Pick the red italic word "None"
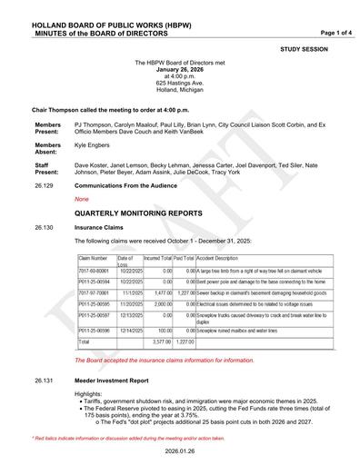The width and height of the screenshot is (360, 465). coord(82,198)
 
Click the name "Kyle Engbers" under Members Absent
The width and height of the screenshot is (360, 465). coord(93,144)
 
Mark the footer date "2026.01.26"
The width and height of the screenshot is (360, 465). coord(179,451)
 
